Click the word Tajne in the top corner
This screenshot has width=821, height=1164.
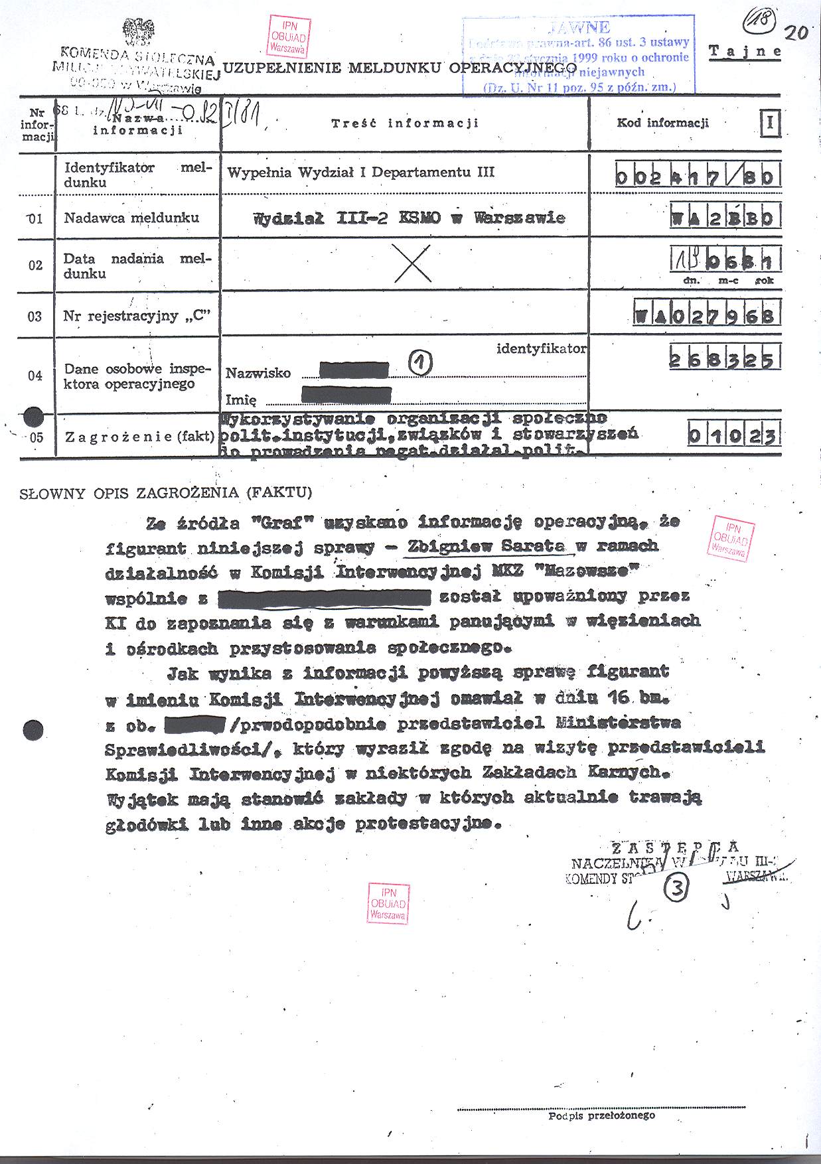tap(745, 52)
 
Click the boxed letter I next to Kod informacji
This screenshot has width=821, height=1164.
tap(771, 123)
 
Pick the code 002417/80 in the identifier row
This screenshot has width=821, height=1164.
tap(697, 177)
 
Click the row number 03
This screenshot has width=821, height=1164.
tap(35, 316)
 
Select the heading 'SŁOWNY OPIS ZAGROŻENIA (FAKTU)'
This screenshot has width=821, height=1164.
tap(166, 493)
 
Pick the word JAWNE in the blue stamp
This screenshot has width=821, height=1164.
tap(578, 27)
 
